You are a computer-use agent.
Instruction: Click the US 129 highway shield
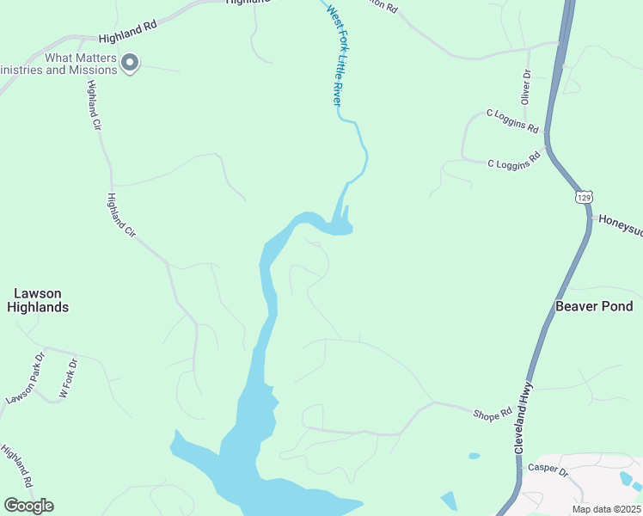[x=584, y=197]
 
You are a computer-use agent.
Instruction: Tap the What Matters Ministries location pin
[x=130, y=63]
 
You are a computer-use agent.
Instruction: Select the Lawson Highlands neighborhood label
[x=38, y=300]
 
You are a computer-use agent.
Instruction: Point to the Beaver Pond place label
[x=594, y=306]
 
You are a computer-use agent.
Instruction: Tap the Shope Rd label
[x=493, y=414]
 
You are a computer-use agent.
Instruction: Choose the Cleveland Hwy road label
[x=525, y=419]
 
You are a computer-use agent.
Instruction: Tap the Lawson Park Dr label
[x=25, y=378]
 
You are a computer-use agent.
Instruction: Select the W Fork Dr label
[x=68, y=378]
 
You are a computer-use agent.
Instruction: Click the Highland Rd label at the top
[x=127, y=33]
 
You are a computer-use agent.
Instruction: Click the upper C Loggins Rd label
[x=512, y=120]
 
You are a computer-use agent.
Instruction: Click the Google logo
[x=28, y=506]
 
